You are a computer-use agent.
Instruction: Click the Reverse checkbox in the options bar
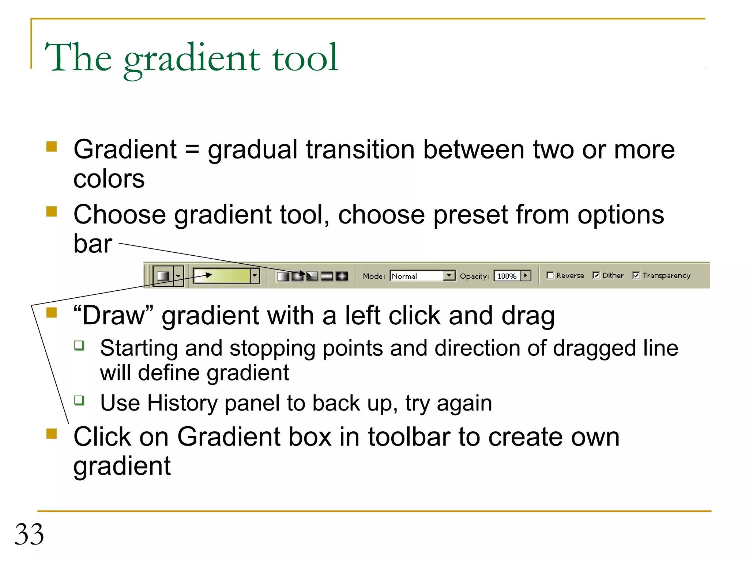[550, 275]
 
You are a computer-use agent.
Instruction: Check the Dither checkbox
[596, 275]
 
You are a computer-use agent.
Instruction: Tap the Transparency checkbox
[636, 275]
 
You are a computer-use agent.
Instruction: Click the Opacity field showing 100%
[507, 276]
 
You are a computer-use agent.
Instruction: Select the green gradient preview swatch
[222, 276]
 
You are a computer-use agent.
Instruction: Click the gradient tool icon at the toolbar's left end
[163, 276]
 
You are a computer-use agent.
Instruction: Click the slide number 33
[29, 534]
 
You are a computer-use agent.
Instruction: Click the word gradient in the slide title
[192, 58]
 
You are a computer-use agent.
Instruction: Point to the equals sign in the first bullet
[192, 150]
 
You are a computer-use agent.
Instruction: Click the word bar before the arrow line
[93, 244]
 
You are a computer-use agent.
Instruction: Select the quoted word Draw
[113, 316]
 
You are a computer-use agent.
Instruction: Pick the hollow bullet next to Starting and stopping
[79, 345]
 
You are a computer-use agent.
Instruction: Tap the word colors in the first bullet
[109, 179]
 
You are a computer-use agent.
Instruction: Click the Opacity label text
[474, 276]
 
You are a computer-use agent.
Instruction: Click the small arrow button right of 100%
[526, 275]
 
